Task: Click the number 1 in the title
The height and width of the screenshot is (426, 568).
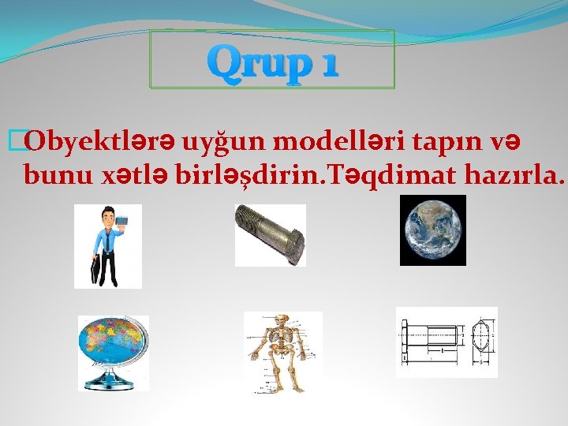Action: [x=326, y=62]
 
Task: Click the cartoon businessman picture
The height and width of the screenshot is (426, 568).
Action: [x=108, y=246]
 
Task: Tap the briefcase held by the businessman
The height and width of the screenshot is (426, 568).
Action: [x=95, y=270]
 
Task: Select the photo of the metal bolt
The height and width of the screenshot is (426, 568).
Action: [x=270, y=234]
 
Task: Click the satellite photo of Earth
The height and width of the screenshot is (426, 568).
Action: [x=432, y=230]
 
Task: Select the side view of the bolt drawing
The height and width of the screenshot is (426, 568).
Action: [x=431, y=342]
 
